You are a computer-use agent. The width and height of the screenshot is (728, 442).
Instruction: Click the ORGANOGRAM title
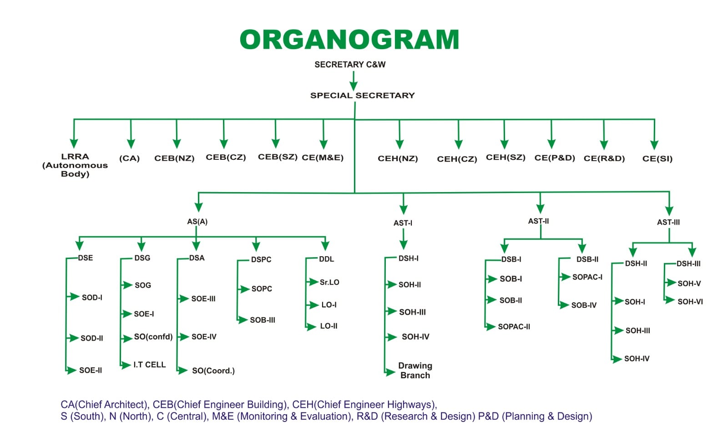coord(349,40)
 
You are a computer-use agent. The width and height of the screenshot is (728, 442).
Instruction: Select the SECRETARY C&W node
coord(350,65)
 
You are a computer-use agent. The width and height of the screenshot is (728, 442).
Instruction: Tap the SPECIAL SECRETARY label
coord(362,96)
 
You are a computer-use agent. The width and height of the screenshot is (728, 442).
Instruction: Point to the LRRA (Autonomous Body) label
coord(75,165)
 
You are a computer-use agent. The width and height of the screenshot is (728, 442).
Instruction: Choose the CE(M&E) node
coord(323,157)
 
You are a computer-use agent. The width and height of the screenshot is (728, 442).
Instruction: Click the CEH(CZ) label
coord(457,159)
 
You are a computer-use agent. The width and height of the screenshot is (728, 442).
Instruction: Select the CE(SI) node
coord(657,158)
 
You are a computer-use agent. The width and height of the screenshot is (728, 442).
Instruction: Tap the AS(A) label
coord(197,222)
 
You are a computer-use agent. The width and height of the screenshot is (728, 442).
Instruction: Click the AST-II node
coord(538,221)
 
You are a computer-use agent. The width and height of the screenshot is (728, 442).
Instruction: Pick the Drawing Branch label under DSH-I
coord(415,370)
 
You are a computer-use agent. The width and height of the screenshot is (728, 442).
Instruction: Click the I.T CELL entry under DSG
coord(149,365)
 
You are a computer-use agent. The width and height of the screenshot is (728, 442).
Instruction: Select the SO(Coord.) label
coord(213,371)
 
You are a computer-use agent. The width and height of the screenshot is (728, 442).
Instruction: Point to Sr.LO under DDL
coord(329,282)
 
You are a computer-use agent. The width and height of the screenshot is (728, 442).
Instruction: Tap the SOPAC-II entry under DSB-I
coord(514,326)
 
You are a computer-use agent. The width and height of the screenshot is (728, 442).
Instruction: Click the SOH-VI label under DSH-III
coord(690,301)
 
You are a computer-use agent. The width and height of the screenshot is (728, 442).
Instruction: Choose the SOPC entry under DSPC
coord(262,289)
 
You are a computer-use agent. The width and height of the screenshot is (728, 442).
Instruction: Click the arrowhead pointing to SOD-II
coord(73,338)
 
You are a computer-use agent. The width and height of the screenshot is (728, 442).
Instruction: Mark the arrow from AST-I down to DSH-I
coord(403,239)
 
